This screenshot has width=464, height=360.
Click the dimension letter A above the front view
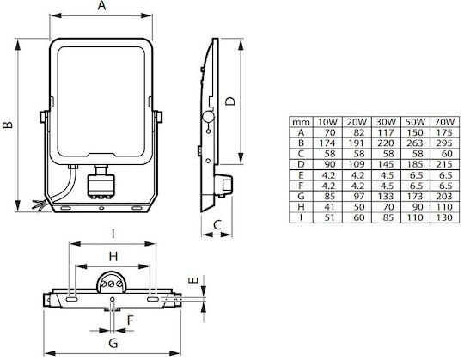point(101,5)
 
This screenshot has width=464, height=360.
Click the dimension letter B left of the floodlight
point(8,125)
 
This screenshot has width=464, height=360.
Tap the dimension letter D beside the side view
point(230,101)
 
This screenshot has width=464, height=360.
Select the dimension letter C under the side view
point(217,225)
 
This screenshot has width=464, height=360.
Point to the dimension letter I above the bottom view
point(113,235)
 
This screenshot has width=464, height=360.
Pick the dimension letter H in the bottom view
point(113,257)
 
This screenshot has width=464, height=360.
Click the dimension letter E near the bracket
point(193,280)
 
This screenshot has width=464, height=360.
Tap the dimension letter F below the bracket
point(131,320)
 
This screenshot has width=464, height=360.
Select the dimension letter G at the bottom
point(113,343)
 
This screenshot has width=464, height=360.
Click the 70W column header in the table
point(444,122)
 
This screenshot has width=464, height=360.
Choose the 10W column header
point(327,122)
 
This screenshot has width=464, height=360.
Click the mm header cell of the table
point(301,122)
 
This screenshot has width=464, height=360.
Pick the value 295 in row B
point(444,143)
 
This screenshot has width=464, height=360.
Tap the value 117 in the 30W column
point(386,132)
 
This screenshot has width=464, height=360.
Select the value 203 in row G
point(444,197)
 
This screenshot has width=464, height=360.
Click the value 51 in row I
point(329,217)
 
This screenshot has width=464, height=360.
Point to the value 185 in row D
point(415,164)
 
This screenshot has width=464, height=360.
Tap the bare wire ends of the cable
point(39,205)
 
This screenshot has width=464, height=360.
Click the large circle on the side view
point(208,117)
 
